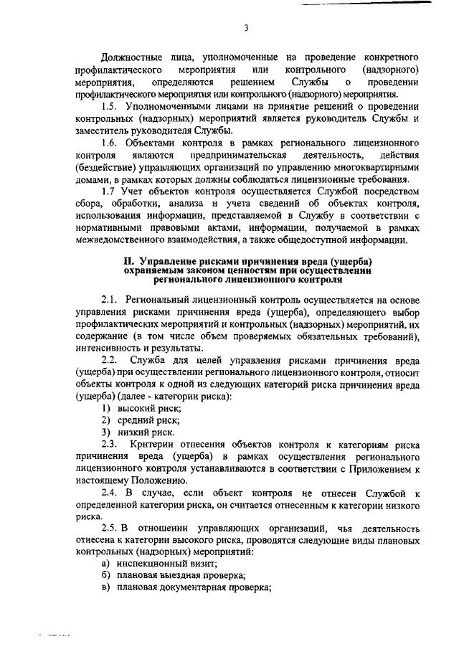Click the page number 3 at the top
point(245,29)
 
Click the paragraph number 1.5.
point(109,106)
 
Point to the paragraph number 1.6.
point(109,143)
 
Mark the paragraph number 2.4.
point(109,494)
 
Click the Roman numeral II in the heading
point(130,261)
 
